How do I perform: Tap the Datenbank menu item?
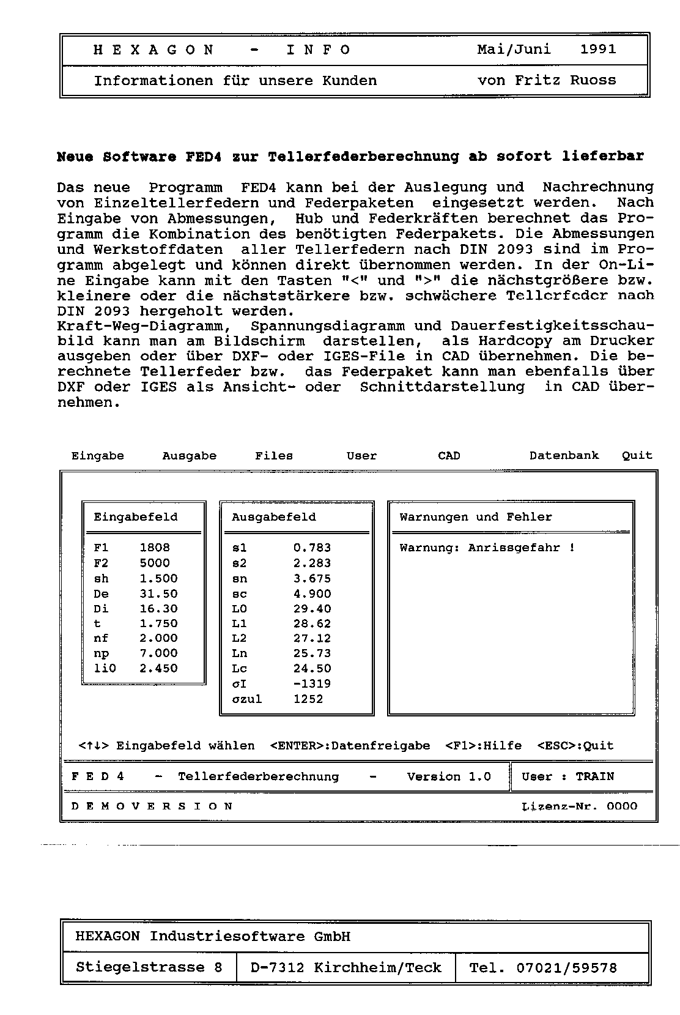pyautogui.click(x=564, y=455)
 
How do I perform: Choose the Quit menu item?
pyautogui.click(x=637, y=455)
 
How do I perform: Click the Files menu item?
pyautogui.click(x=274, y=456)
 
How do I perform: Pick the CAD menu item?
pyautogui.click(x=449, y=456)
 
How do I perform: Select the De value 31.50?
pyautogui.click(x=158, y=593)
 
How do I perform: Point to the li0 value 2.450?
pyautogui.click(x=158, y=668)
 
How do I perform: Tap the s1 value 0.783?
pyautogui.click(x=312, y=548)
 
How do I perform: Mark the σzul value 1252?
pyautogui.click(x=308, y=699)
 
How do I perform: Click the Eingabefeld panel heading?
pyautogui.click(x=136, y=517)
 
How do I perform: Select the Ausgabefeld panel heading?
pyautogui.click(x=274, y=517)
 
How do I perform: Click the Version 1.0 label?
pyautogui.click(x=449, y=776)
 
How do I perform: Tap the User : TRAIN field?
pyautogui.click(x=567, y=776)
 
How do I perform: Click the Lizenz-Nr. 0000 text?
pyautogui.click(x=580, y=806)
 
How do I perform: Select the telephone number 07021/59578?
pyautogui.click(x=566, y=968)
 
